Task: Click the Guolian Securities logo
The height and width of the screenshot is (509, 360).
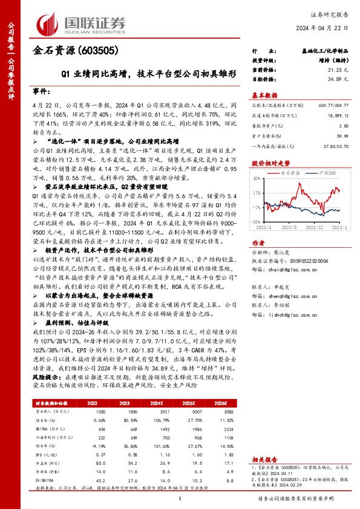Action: click(82, 23)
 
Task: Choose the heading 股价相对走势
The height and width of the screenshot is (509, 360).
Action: click(266, 163)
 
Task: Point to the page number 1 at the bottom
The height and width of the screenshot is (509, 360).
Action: click(180, 498)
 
